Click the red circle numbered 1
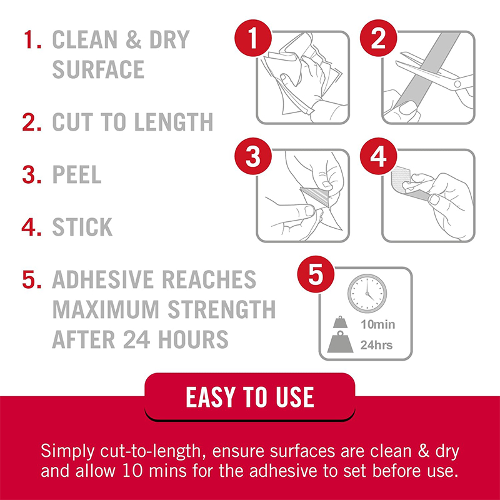pyautogui.click(x=253, y=38)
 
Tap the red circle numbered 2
pyautogui.click(x=379, y=38)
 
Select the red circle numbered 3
pyautogui.click(x=253, y=156)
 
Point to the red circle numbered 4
pyautogui.click(x=379, y=156)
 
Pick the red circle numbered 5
pyautogui.click(x=316, y=274)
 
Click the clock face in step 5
pyautogui.click(x=367, y=293)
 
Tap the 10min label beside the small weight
pyautogui.click(x=377, y=324)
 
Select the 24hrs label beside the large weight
pyautogui.click(x=376, y=345)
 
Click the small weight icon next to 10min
pyautogui.click(x=340, y=322)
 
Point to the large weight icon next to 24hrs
pyautogui.click(x=340, y=342)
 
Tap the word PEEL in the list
pyautogui.click(x=77, y=174)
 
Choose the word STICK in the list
pyautogui.click(x=82, y=227)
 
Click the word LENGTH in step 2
pyautogui.click(x=174, y=122)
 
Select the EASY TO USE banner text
pyautogui.click(x=250, y=397)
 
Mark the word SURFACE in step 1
pyautogui.click(x=98, y=69)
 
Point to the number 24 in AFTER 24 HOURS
pyautogui.click(x=136, y=339)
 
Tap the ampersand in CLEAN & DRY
pyautogui.click(x=133, y=39)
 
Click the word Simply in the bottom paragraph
pyautogui.click(x=67, y=452)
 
